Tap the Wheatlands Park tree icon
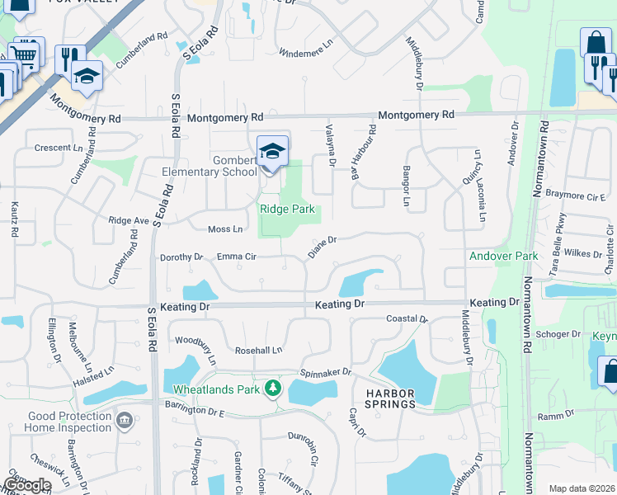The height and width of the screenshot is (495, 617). point(273,388)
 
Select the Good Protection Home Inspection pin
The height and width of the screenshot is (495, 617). point(125,422)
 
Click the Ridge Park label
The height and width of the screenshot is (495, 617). point(288,210)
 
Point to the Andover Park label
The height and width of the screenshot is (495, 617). point(503,256)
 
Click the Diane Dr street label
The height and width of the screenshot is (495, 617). point(323,247)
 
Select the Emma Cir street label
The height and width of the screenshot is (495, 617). point(237,257)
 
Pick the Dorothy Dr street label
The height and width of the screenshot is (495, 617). point(181,257)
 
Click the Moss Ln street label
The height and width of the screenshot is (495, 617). point(226,229)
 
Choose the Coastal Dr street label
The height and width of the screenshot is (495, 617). point(407,318)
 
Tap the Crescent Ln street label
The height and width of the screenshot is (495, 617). point(59,148)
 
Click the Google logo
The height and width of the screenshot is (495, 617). point(26,485)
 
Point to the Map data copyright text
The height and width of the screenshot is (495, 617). point(582,488)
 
